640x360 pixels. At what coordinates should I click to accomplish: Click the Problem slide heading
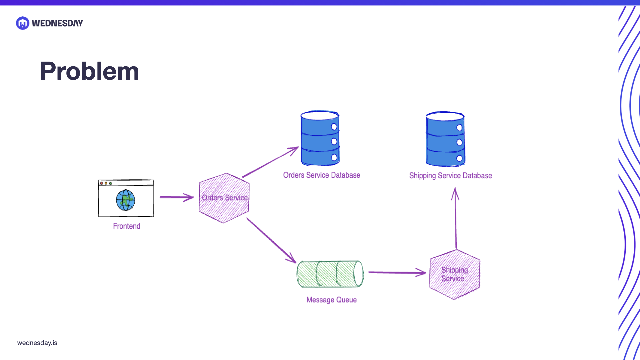(89, 71)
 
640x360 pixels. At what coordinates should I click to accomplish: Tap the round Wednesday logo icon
(23, 23)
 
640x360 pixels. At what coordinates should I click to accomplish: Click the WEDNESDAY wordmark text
(57, 23)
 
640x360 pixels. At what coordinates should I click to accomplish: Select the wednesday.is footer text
(37, 343)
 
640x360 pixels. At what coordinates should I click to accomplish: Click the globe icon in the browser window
(126, 200)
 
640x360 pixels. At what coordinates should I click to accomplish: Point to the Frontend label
(127, 226)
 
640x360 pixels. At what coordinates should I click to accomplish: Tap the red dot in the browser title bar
(102, 183)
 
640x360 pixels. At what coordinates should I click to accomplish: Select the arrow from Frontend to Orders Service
(177, 197)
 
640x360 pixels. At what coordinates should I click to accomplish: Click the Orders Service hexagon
(224, 198)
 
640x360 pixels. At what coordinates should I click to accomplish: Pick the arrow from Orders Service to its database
(270, 162)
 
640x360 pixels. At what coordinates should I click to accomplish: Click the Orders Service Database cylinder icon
(320, 138)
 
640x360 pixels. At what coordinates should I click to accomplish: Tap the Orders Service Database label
(322, 175)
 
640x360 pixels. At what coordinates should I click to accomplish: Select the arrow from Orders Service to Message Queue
(271, 240)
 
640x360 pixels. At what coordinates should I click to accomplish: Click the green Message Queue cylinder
(330, 274)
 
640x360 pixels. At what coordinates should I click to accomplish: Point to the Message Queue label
(332, 300)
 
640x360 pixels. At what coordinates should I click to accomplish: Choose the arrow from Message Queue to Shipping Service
(397, 272)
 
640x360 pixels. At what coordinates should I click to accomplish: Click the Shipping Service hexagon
(455, 274)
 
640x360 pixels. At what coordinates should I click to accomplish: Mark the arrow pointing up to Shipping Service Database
(456, 218)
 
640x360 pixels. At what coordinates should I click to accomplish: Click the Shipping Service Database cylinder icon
(445, 139)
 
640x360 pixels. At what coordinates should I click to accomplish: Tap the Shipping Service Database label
(451, 176)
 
